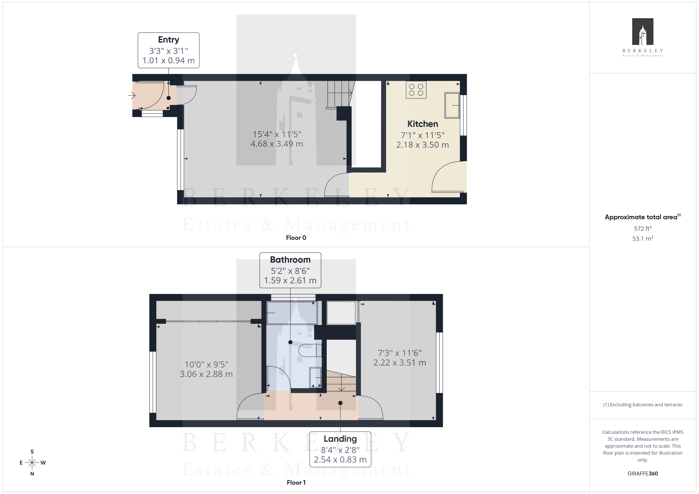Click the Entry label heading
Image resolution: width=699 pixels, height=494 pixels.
click(168, 40)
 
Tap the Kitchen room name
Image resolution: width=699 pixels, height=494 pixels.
click(423, 124)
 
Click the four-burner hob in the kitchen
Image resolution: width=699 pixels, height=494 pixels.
click(416, 90)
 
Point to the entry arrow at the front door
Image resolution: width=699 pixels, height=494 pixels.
click(132, 96)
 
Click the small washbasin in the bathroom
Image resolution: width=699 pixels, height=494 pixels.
click(315, 377)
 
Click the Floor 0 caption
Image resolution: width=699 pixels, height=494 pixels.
click(296, 238)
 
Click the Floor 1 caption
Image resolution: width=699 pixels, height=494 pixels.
click(296, 483)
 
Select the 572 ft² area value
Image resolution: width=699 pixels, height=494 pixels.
click(643, 228)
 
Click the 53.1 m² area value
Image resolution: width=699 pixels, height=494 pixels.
click(643, 238)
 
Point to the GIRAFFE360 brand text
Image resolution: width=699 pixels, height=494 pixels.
click(643, 474)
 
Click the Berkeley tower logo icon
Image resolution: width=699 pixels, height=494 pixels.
click(643, 32)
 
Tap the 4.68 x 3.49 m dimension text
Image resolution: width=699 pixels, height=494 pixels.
click(277, 144)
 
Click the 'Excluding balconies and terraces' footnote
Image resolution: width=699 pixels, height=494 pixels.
click(643, 405)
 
